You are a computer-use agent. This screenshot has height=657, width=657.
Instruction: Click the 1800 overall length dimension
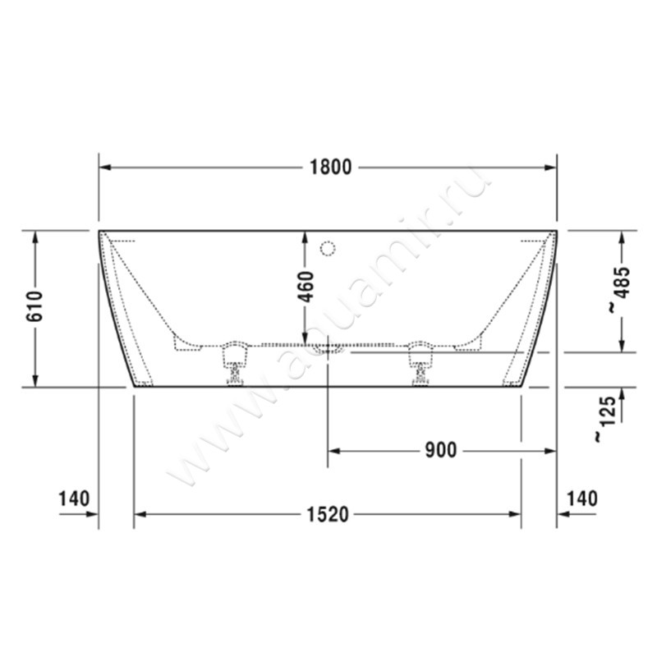(x=330, y=168)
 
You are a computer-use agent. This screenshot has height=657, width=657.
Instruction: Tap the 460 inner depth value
(x=306, y=287)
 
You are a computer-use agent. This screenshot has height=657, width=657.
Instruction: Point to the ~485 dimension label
(x=622, y=290)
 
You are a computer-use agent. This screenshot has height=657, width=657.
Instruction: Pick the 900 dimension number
(x=440, y=450)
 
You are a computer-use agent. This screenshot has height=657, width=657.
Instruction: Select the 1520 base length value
(x=328, y=515)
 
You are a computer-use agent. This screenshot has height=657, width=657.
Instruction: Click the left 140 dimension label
(x=74, y=498)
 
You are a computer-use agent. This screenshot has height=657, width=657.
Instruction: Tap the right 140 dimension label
(x=582, y=498)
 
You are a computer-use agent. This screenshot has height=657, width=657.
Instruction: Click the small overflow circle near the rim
(x=328, y=246)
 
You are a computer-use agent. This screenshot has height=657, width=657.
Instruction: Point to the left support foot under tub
(x=234, y=361)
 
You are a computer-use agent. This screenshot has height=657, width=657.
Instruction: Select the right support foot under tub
(x=420, y=361)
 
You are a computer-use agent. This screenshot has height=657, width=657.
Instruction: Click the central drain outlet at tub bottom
(x=328, y=348)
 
